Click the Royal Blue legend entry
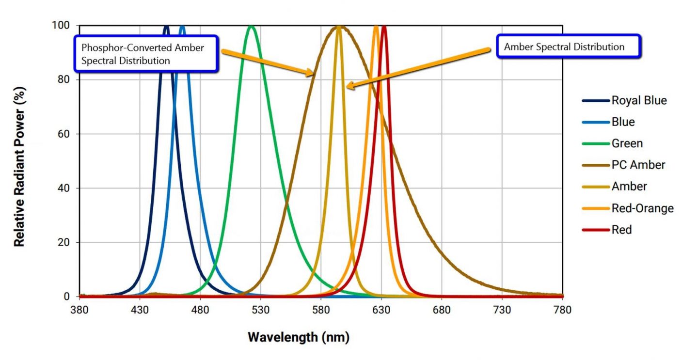639,101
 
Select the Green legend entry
627,143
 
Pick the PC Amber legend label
638,165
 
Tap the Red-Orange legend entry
642,208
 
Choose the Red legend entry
621,230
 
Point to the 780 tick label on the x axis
562,310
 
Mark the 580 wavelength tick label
321,310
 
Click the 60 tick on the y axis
63,134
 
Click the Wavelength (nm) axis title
299,337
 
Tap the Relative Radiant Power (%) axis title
19,160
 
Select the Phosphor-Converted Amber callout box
145,54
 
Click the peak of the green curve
251,26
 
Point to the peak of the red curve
384,27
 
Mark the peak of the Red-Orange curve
376,27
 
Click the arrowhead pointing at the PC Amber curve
311,74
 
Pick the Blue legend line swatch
596,122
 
